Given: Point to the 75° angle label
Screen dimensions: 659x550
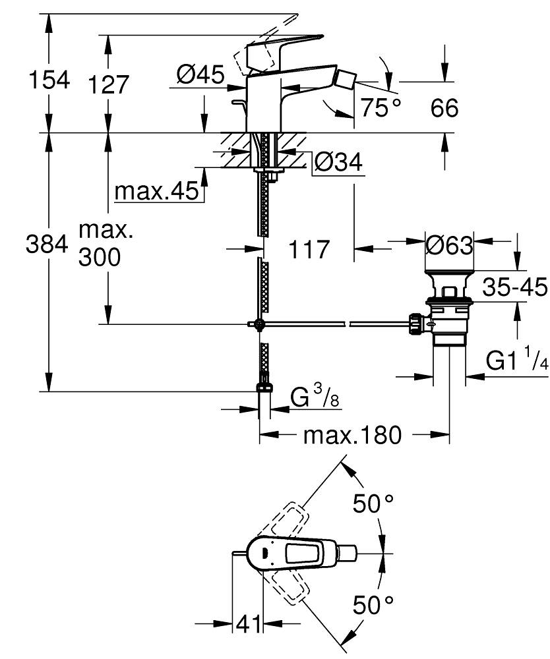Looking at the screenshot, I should (379, 107).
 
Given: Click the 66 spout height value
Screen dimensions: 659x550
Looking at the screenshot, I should (444, 107).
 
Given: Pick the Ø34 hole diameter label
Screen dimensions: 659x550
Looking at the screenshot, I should (338, 163).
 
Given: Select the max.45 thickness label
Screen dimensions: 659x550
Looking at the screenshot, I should (156, 192).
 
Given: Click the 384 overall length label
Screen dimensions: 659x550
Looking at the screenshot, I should (47, 244).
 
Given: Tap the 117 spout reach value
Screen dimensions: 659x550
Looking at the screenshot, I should (309, 250).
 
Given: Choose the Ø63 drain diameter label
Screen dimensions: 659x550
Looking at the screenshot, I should (448, 246).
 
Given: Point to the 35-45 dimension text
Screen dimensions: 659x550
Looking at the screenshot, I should (514, 287).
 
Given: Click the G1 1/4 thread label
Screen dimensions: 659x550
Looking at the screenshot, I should (517, 360).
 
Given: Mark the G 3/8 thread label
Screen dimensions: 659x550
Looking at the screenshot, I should (315, 398).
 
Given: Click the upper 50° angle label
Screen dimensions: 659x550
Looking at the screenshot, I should (374, 504).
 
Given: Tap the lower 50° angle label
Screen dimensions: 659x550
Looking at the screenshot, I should (373, 604).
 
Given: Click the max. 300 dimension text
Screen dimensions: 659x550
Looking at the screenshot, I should (100, 244).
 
